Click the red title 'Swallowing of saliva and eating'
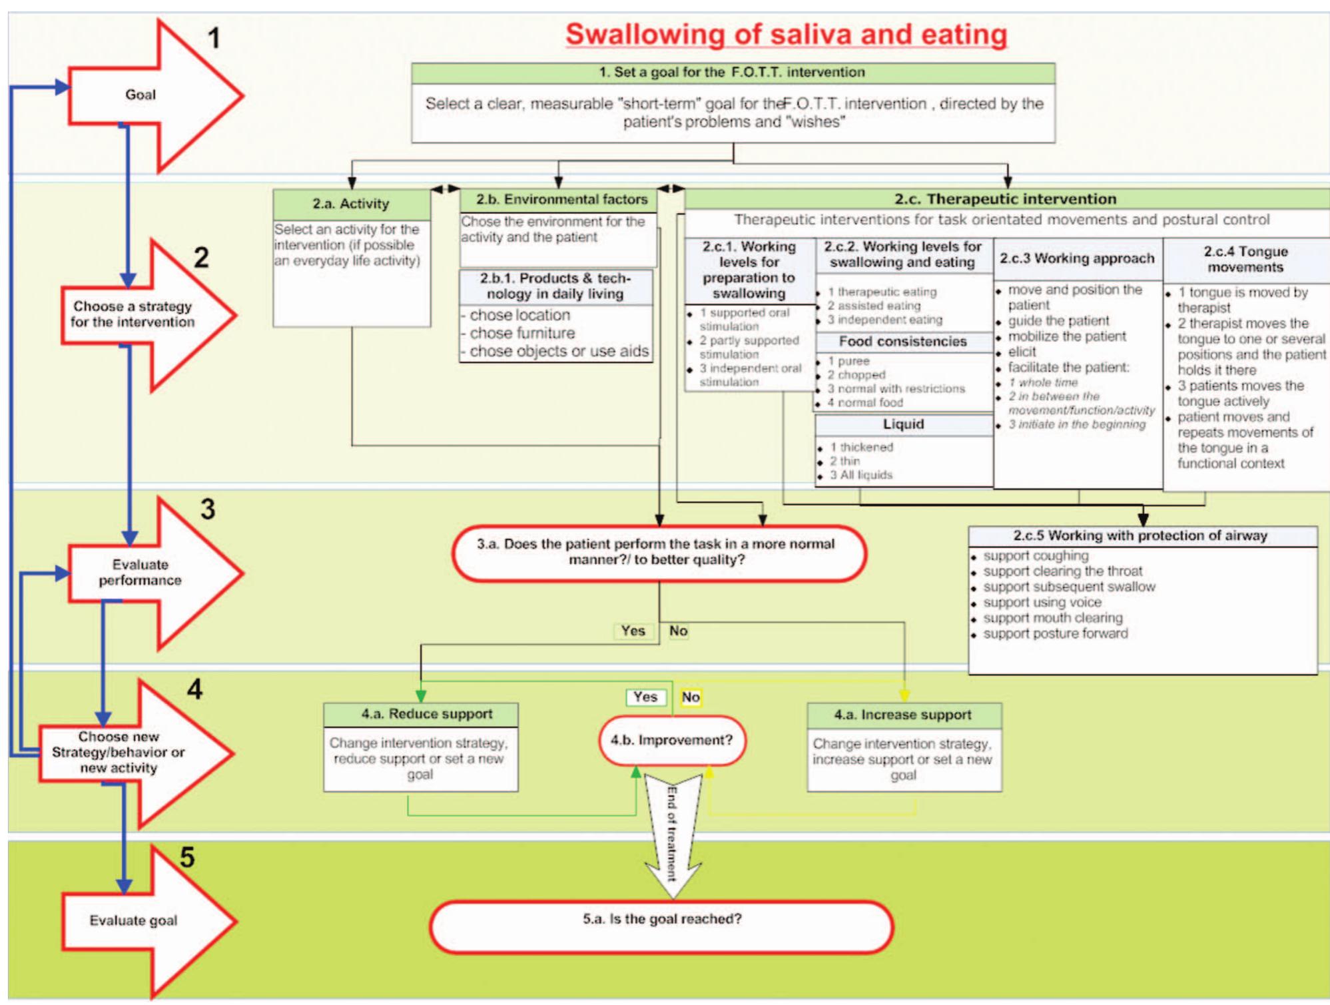click(786, 35)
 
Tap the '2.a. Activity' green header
click(351, 204)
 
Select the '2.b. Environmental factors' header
click(561, 199)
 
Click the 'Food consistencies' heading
click(902, 342)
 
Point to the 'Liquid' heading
click(903, 424)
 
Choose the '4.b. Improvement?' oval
click(671, 740)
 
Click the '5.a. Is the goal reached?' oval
click(661, 919)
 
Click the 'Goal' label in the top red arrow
click(141, 95)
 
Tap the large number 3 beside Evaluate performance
click(208, 509)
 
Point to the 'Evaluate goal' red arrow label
click(133, 920)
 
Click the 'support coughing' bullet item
click(1035, 555)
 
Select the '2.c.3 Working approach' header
click(1076, 258)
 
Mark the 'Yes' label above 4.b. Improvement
click(645, 697)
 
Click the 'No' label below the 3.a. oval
click(678, 631)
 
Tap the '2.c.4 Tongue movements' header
click(1245, 259)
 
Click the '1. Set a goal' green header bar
click(732, 72)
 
